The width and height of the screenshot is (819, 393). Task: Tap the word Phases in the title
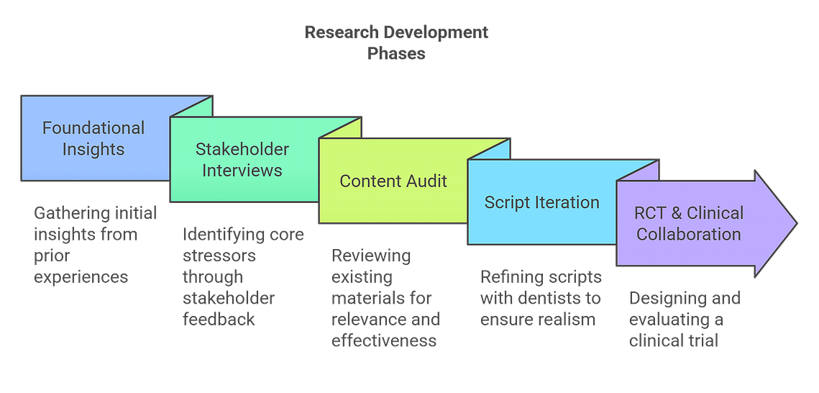tap(396, 54)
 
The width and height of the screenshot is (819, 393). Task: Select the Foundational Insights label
tap(93, 138)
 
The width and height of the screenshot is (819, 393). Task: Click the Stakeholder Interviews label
tap(242, 159)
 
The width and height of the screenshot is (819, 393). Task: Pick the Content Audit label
tap(393, 181)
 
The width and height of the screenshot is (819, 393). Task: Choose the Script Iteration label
tap(541, 202)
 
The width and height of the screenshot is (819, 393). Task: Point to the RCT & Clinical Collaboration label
tap(688, 223)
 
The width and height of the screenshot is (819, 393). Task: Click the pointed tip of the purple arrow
tap(797, 224)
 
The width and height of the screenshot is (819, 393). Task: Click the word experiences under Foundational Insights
tap(81, 276)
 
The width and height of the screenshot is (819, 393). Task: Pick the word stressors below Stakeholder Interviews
tap(219, 256)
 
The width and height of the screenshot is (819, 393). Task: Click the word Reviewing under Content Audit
tap(371, 256)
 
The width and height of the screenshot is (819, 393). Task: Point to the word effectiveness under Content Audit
tap(384, 340)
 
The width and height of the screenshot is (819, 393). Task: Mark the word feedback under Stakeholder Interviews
tap(219, 319)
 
